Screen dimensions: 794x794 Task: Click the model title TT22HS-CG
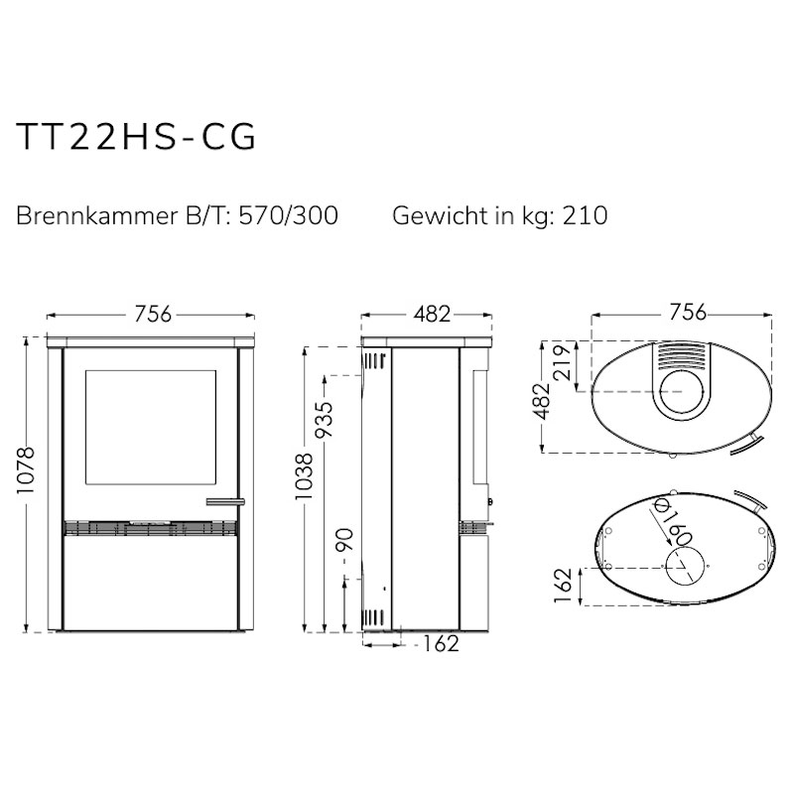136,137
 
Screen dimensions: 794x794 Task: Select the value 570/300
288,215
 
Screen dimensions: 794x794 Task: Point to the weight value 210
585,215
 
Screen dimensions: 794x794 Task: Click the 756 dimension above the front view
153,314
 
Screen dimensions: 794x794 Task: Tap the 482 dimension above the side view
432,314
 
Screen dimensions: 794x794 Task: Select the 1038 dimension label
305,476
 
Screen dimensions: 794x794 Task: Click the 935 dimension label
325,420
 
